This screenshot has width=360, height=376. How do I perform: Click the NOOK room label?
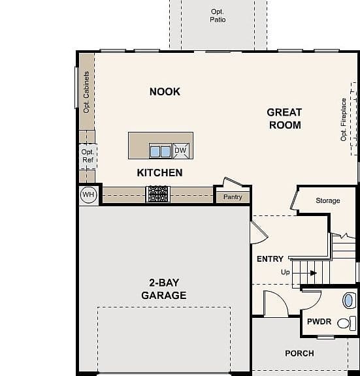(x=165, y=91)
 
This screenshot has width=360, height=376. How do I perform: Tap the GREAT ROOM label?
(x=285, y=119)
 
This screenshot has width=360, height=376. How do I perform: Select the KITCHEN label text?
(x=160, y=172)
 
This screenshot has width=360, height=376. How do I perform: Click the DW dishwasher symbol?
(x=181, y=151)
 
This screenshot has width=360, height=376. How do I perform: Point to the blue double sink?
(x=160, y=151)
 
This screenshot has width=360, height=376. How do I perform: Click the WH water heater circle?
(x=88, y=195)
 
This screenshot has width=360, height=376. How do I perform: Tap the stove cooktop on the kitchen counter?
(x=158, y=194)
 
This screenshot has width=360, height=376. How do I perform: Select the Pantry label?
(x=233, y=197)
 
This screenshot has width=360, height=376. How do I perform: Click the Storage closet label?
(x=328, y=200)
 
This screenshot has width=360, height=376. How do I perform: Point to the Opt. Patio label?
(x=218, y=16)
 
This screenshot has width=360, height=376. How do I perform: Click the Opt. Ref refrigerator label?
(x=88, y=156)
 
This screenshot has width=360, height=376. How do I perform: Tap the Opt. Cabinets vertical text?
(x=86, y=92)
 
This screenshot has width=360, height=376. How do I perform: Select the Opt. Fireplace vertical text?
(x=344, y=119)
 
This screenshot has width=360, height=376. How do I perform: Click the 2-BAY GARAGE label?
(x=164, y=289)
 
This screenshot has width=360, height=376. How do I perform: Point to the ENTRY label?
(x=270, y=259)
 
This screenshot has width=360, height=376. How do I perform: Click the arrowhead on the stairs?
(x=314, y=273)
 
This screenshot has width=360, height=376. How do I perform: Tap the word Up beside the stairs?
(x=286, y=272)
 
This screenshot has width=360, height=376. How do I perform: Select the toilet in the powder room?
(x=346, y=324)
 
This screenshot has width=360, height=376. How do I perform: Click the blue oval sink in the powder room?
(x=349, y=300)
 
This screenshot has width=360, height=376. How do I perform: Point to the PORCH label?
(x=299, y=353)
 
